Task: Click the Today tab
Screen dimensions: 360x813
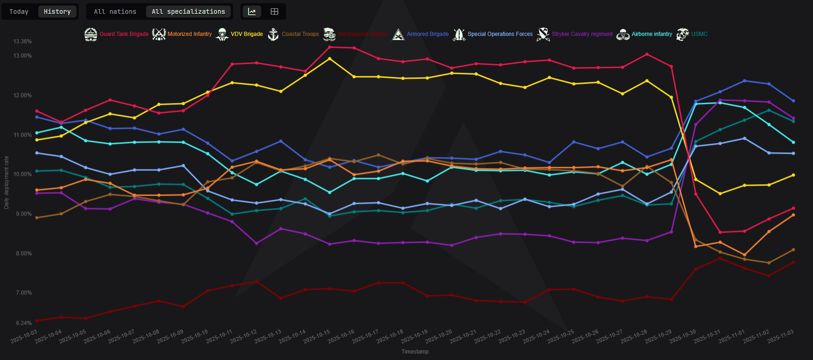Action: coord(19,12)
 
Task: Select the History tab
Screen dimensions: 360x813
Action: coord(57,12)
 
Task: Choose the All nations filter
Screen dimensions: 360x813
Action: coord(115,12)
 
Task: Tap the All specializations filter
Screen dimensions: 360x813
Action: coord(188,12)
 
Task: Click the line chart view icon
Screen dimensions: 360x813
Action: coord(252,12)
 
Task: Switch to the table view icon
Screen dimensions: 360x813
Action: coord(275,12)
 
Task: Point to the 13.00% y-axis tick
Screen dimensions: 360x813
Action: coord(23,56)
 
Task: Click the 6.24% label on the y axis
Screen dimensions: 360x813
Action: coord(24,323)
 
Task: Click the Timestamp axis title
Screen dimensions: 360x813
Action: coord(415,352)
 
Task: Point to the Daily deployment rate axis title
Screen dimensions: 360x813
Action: coord(6,183)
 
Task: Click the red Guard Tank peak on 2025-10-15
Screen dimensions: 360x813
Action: coord(329,47)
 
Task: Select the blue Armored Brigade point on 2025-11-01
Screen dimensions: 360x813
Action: coord(744,81)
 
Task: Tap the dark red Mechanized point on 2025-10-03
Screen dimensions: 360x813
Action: coord(37,320)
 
